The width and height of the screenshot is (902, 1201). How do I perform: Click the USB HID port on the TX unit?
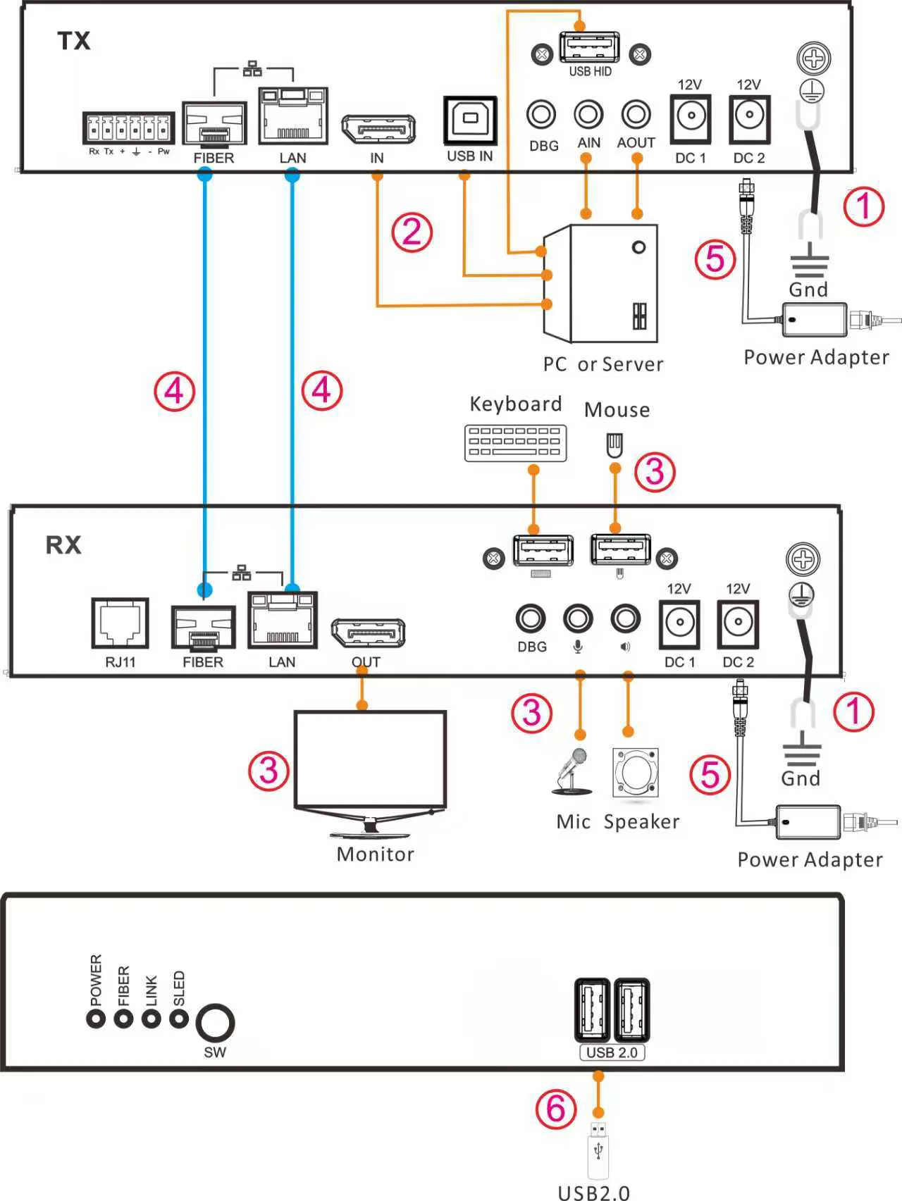point(590,48)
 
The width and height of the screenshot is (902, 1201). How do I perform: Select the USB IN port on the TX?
point(470,120)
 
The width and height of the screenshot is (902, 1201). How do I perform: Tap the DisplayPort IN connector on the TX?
point(378,129)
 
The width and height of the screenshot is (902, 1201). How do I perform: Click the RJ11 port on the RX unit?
point(121,623)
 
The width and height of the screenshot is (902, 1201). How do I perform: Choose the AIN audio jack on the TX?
point(588,114)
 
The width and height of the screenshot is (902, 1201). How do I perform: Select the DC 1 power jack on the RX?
point(680,623)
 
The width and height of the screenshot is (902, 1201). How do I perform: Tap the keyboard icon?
point(515,443)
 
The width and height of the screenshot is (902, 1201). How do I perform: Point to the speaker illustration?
point(636,773)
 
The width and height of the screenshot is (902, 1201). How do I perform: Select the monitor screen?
point(370,759)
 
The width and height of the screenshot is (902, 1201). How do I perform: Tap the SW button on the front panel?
point(215,1023)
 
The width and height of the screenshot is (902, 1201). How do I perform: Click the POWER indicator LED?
point(96,1019)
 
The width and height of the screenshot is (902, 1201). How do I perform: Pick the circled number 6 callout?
point(556,1109)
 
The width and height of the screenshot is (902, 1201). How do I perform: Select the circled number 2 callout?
point(412,232)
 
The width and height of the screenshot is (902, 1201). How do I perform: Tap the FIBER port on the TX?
point(214,124)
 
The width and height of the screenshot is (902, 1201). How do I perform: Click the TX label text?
point(74,41)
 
